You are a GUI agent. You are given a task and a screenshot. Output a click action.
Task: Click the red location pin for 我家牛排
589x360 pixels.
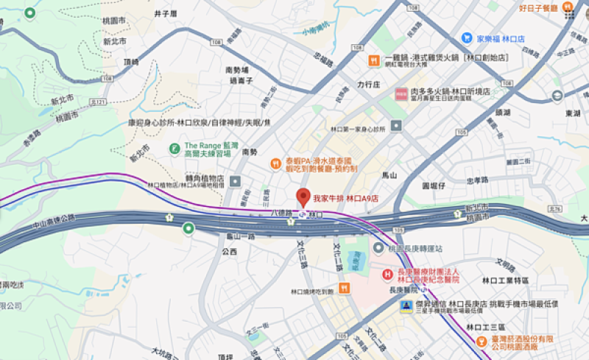302,197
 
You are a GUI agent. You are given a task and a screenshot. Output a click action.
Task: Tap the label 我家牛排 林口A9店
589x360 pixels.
345,198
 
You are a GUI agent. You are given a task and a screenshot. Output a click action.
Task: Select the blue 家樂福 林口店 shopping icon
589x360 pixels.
467,38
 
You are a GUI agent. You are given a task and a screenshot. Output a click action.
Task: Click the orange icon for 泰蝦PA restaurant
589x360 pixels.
275,164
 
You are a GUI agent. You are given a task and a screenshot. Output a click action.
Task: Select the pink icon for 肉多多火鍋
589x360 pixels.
401,94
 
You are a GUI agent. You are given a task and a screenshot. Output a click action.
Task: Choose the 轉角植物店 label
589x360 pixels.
204,178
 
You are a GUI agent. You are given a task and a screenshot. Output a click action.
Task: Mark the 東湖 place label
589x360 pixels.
573,113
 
